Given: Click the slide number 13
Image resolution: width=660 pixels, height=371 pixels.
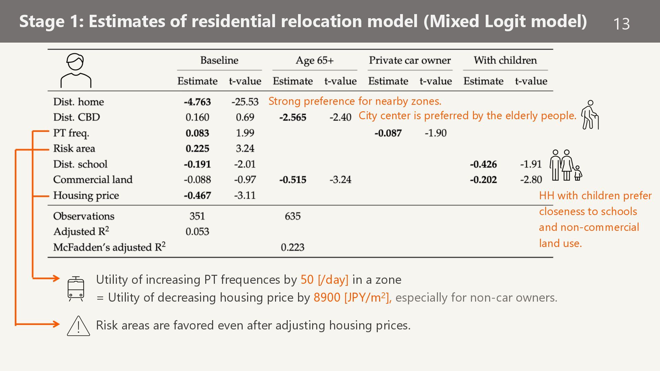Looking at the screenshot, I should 621,24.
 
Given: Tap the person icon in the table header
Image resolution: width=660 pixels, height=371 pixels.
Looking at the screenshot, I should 76,70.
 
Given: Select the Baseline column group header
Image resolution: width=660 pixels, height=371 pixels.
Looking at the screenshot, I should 219,60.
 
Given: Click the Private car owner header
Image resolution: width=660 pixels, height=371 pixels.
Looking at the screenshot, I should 410,60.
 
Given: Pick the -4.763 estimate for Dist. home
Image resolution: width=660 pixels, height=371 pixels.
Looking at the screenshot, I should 197,102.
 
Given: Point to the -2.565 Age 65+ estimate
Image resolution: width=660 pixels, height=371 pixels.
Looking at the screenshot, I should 293,117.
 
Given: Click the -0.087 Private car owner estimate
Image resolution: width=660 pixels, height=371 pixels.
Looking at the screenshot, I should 388,133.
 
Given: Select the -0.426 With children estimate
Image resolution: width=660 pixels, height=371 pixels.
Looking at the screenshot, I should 483,165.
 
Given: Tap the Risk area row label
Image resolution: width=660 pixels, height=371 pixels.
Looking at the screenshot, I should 74,149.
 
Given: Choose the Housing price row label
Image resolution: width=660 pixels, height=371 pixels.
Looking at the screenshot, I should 86,195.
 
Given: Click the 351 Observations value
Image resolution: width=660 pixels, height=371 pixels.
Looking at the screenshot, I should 197,216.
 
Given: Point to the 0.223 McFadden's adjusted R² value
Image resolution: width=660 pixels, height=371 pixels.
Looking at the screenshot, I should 293,247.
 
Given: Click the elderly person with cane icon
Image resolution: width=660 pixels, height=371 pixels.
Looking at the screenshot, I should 590,115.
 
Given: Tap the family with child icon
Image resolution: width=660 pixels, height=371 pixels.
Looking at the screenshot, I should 565,165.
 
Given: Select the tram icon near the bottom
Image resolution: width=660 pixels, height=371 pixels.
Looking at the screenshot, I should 76,289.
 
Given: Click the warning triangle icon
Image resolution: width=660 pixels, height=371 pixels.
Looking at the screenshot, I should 78,326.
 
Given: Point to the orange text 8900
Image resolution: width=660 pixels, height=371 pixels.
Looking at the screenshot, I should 327,297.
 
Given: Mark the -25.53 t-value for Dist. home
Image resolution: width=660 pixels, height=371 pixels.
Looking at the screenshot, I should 245,102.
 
